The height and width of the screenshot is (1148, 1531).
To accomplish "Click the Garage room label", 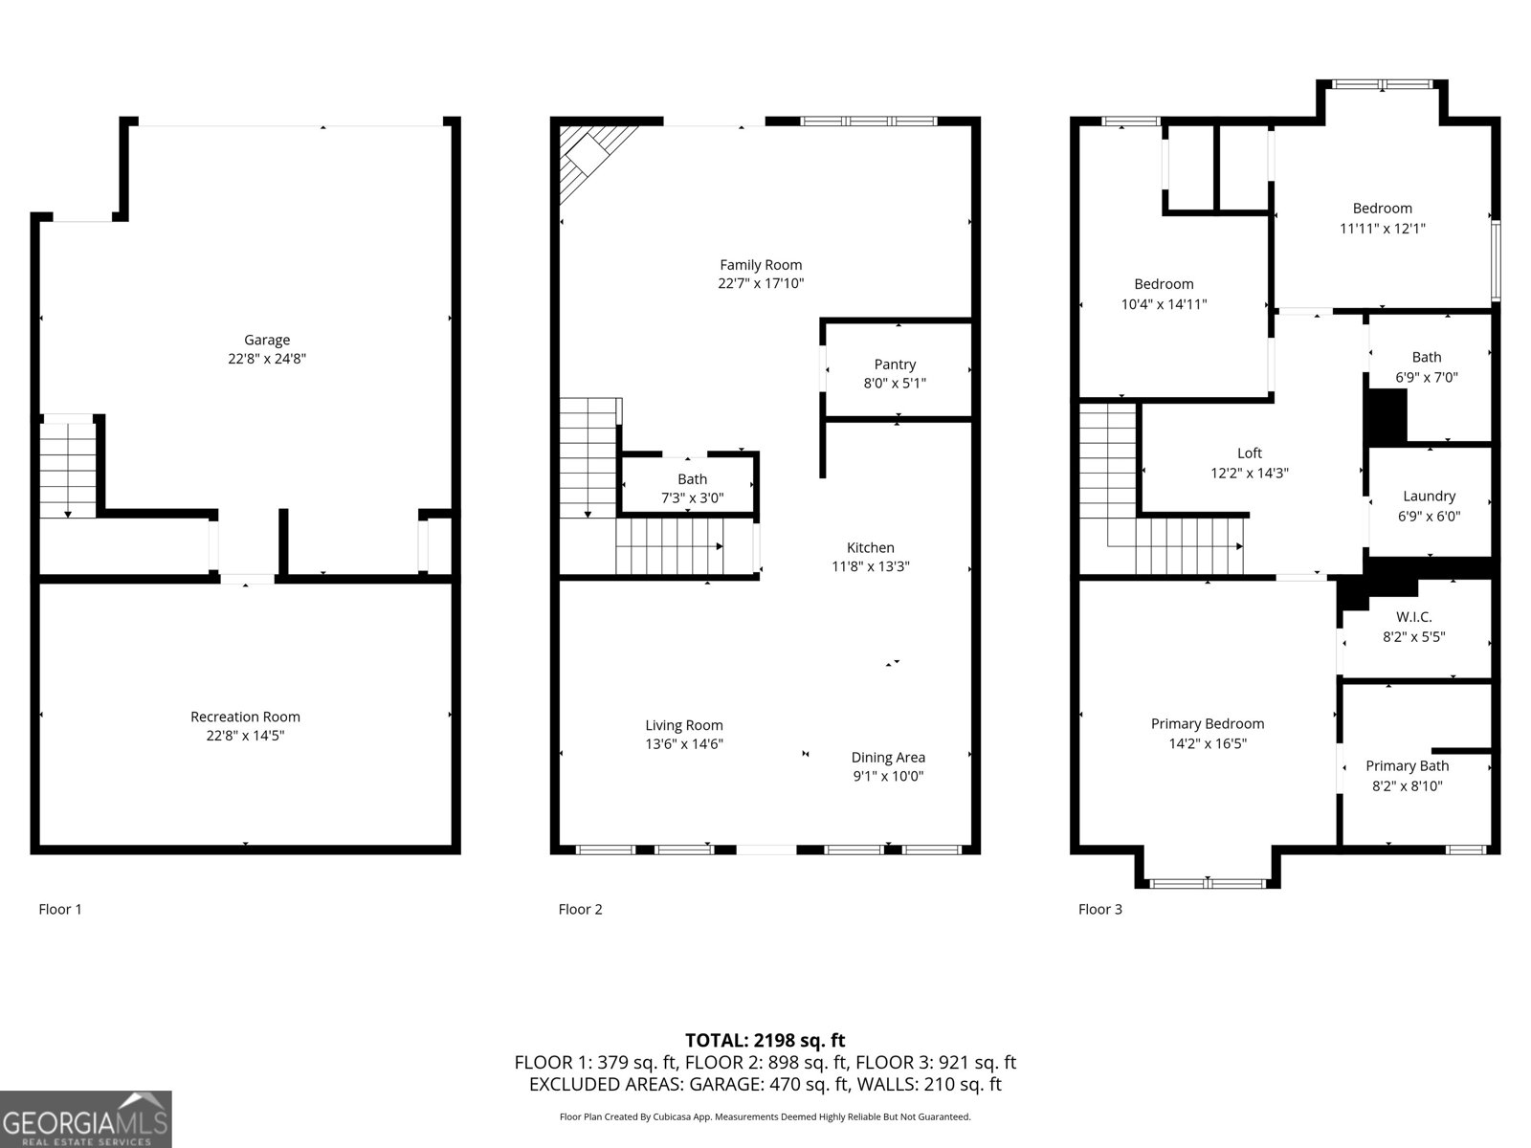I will (x=266, y=340).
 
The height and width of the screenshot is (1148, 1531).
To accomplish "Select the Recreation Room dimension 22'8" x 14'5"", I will (x=245, y=736).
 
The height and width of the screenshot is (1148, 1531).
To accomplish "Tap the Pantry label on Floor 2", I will (x=895, y=364).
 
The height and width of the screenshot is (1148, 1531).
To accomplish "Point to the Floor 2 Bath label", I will (x=692, y=479).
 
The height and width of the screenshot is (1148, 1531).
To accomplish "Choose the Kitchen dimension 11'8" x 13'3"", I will (x=870, y=566).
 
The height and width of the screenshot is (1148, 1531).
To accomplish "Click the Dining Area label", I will (x=888, y=758).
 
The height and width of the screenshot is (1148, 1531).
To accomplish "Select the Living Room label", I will (x=683, y=725).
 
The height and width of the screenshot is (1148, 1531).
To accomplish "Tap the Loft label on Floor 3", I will (x=1249, y=453).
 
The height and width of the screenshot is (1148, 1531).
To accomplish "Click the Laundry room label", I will (x=1429, y=496).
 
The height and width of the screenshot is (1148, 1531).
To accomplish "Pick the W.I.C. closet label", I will (x=1413, y=617).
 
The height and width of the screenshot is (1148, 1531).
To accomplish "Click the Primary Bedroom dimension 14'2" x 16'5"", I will (x=1207, y=743).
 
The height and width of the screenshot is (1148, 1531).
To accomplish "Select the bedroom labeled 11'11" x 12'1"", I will (x=1382, y=218).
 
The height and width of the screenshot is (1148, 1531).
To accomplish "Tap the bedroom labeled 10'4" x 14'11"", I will (x=1164, y=294).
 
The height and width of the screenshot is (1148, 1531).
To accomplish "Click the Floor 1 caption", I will (x=60, y=909).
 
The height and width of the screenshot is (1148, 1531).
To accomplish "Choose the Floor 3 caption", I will (x=1099, y=909).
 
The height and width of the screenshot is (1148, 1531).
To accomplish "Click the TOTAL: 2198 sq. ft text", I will (x=765, y=1040).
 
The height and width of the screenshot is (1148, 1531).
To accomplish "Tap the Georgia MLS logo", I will (x=85, y=1119).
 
